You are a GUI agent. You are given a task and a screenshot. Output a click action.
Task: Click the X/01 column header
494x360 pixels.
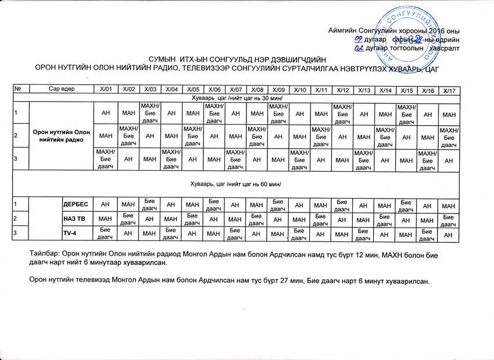pyautogui.click(x=105, y=89)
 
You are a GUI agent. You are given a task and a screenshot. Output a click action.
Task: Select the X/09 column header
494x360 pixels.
pyautogui.click(x=278, y=89)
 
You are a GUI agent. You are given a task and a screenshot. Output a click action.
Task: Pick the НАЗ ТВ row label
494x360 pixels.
pyautogui.click(x=74, y=219)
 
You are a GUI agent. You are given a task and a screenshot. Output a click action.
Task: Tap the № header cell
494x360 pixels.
pyautogui.click(x=20, y=89)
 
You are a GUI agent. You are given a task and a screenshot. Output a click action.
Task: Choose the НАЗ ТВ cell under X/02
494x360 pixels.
pyautogui.click(x=126, y=219)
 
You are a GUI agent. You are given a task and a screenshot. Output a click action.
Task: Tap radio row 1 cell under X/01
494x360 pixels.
pyautogui.click(x=105, y=112)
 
